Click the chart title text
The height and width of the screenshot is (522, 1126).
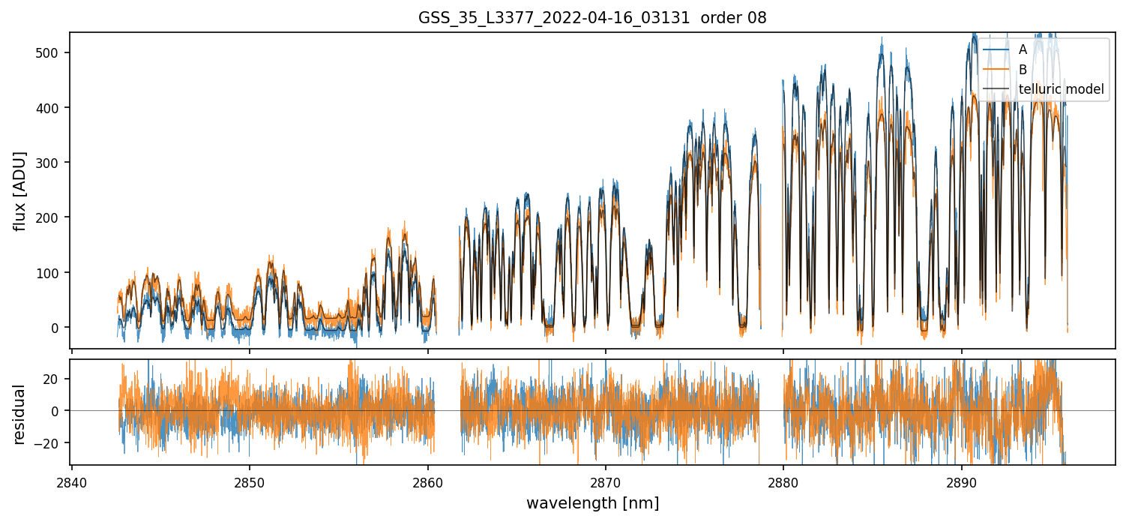pos(592,18)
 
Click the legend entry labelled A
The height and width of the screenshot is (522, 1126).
pos(1023,49)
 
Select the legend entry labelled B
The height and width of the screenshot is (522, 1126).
pos(1023,70)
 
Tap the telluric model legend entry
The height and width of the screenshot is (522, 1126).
pos(1061,90)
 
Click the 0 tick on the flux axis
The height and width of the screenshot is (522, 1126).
pos(58,328)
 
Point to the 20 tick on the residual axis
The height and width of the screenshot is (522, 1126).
pos(55,379)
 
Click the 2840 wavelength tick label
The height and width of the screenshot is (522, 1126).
pos(71,481)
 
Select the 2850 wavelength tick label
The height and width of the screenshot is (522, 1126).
pos(250,481)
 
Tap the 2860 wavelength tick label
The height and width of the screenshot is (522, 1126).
pos(427,481)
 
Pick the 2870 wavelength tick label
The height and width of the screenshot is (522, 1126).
pos(606,481)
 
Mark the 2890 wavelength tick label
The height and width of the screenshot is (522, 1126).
pos(962,481)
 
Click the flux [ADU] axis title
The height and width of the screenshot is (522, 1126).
pos(20,190)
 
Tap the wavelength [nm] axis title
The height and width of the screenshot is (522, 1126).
pos(592,503)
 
